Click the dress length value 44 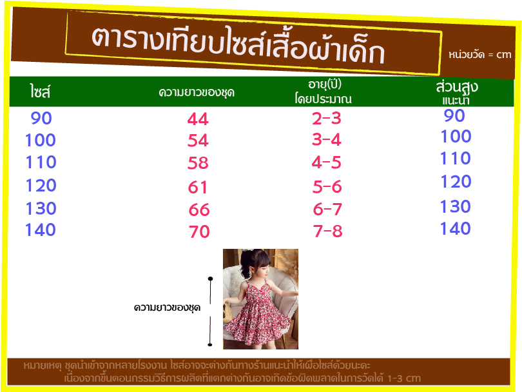pos(198,119)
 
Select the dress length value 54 pos(198,140)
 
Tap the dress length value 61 pos(197,187)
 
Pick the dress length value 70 pos(199,231)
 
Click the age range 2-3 pos(327,118)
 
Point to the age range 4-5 pos(327,162)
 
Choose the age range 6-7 pos(327,209)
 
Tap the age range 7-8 pos(328,231)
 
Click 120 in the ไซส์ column pos(41,185)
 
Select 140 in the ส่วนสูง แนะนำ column pos(456,228)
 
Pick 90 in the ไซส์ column pos(41,118)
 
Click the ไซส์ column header pos(40,92)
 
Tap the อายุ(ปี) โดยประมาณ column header pos(324,92)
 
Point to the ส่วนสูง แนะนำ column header pos(457,92)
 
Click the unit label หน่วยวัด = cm pos(479,55)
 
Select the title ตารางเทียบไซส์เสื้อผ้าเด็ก pos(238,44)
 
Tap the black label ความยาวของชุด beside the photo pos(167,308)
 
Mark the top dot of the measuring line pos(210,279)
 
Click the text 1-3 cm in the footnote pos(404,378)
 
